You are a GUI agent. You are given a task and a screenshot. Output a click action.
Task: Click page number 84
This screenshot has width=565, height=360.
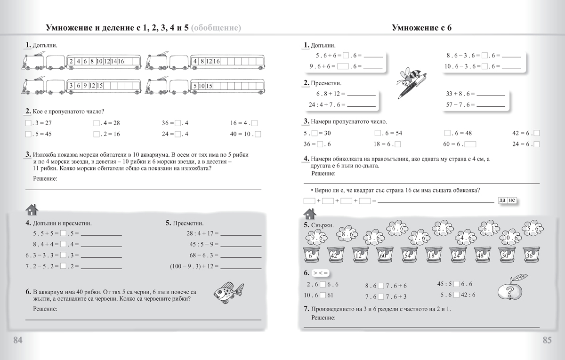tap(18, 340)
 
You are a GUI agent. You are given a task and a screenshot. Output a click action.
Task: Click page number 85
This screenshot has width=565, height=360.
tap(547, 340)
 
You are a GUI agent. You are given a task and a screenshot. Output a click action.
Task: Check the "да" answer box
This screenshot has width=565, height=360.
tap(502, 200)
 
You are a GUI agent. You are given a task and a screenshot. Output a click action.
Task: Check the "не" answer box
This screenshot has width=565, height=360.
tap(512, 200)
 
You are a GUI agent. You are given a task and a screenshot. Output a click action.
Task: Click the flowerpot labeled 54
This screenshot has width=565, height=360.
tap(408, 256)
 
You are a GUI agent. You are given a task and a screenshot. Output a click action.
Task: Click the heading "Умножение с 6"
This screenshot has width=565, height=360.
tap(421, 28)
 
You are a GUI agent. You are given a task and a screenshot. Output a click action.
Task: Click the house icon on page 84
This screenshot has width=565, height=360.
tap(31, 209)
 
